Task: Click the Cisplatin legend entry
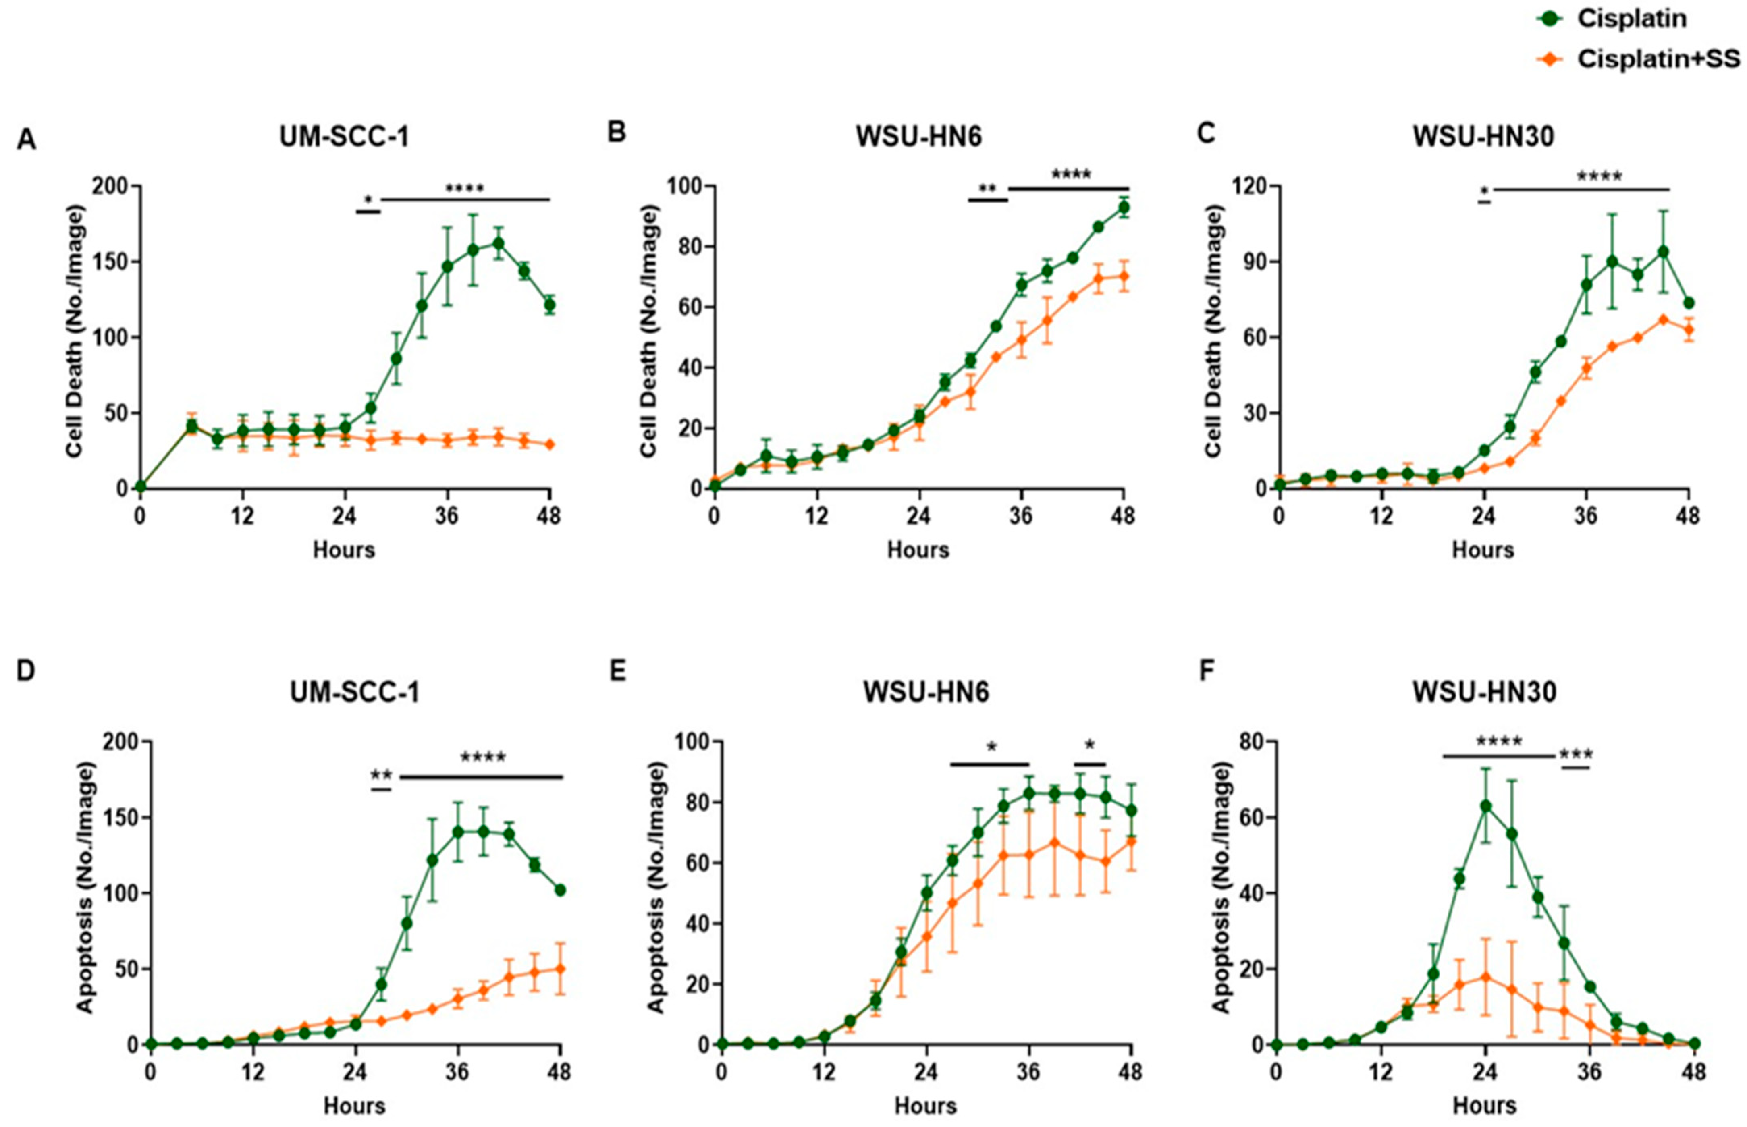[x=1631, y=18]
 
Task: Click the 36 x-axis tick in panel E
[x=1028, y=1073]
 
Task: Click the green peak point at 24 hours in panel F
[x=1485, y=806]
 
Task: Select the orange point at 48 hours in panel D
[x=561, y=969]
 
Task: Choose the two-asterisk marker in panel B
[x=987, y=189]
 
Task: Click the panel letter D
[x=26, y=671]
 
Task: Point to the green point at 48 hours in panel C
[x=1689, y=303]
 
